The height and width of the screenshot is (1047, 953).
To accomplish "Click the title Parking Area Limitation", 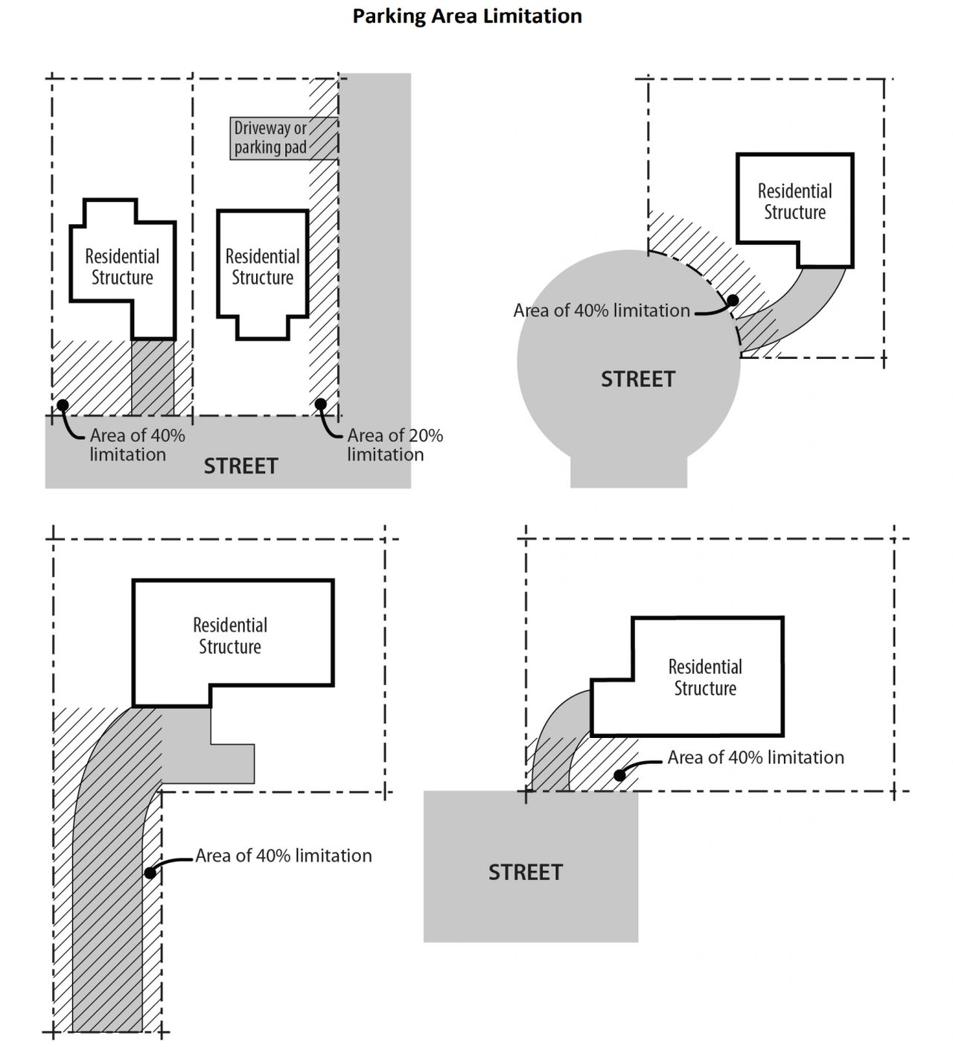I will [x=467, y=16].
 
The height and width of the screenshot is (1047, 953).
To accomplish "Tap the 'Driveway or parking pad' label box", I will [x=272, y=138].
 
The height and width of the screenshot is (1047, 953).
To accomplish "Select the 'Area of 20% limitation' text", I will [x=395, y=445].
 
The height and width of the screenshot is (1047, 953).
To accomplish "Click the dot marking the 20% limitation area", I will [x=320, y=404].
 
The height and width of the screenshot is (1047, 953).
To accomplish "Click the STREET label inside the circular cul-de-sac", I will [x=638, y=379].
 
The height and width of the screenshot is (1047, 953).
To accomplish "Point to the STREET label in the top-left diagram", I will [x=240, y=466].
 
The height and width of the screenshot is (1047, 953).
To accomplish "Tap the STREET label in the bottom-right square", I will [x=525, y=872].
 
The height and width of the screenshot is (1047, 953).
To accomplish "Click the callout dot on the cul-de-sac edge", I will [x=733, y=300].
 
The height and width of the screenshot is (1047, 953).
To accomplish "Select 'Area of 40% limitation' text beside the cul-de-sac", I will [x=602, y=311].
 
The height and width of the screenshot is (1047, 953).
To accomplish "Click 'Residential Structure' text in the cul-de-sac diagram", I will [x=794, y=202].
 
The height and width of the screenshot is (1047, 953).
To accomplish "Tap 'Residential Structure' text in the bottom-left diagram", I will [x=230, y=635].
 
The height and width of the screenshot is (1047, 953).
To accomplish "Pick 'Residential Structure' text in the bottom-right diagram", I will [x=705, y=677].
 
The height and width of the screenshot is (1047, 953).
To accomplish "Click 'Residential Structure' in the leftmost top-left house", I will [x=122, y=267].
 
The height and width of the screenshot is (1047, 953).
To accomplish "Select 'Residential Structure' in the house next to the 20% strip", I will [x=262, y=267].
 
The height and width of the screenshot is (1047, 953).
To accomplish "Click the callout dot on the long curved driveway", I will [x=150, y=871].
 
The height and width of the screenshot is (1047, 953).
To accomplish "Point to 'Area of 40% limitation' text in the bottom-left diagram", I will [x=284, y=856].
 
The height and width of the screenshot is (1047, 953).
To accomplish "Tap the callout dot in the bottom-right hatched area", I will [x=619, y=775].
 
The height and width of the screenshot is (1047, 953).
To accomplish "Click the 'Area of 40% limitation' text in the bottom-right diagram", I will [x=756, y=757].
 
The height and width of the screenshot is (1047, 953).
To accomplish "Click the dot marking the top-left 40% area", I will [x=63, y=404].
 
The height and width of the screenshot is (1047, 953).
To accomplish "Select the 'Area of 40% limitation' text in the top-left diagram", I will [x=137, y=445].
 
